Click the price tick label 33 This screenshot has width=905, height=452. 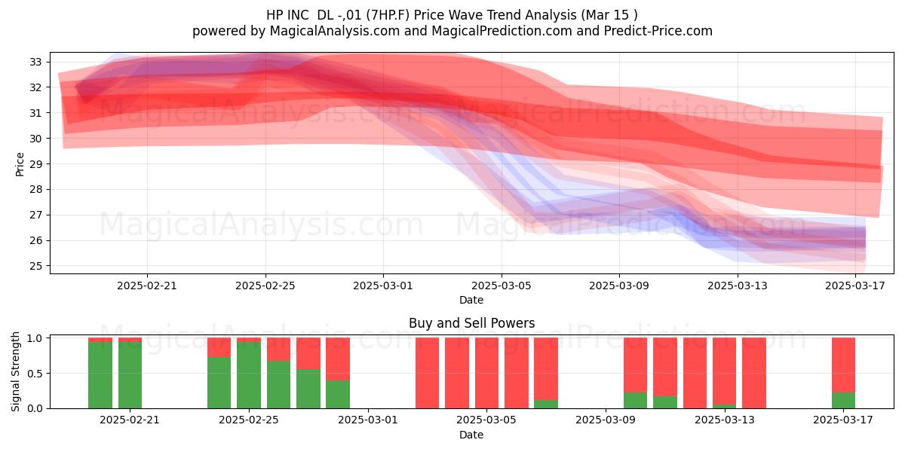click(x=35, y=62)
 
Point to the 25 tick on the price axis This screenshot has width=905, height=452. click(x=35, y=267)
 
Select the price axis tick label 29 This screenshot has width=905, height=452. click(x=35, y=164)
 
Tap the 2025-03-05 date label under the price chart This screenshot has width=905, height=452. click(x=502, y=286)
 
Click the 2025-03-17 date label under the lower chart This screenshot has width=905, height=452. click(x=843, y=420)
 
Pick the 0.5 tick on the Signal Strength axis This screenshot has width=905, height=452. click(x=35, y=374)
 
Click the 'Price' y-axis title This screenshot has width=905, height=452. click(x=20, y=164)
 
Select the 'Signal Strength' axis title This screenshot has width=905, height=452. click(x=15, y=371)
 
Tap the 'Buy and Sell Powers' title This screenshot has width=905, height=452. click(x=471, y=323)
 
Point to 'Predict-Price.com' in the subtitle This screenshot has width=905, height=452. click(x=658, y=31)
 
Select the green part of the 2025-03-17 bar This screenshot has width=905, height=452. click(x=843, y=400)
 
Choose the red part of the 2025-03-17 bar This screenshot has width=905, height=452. click(x=843, y=365)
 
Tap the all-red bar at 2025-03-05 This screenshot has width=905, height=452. click(x=487, y=373)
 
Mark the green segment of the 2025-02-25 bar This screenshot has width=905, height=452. click(x=249, y=375)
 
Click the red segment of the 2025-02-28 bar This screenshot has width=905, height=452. click(x=338, y=359)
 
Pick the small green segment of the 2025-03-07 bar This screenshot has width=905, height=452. click(x=546, y=404)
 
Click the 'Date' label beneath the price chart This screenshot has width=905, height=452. click(x=471, y=300)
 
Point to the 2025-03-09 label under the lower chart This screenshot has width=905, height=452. click(x=606, y=420)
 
